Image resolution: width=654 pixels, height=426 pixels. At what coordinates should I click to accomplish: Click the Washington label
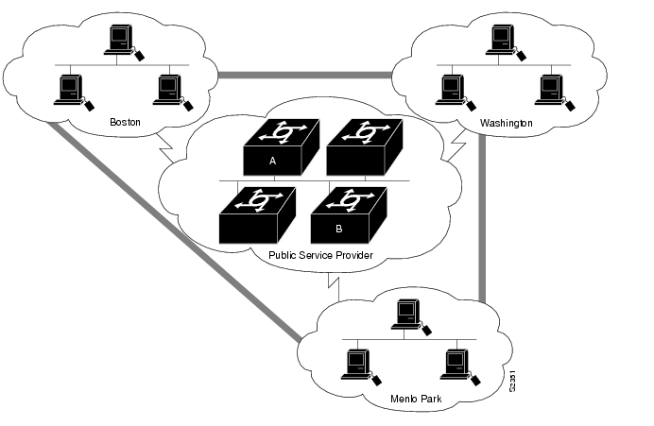pos(506,123)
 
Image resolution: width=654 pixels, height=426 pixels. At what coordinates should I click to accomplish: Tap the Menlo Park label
pos(416,399)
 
